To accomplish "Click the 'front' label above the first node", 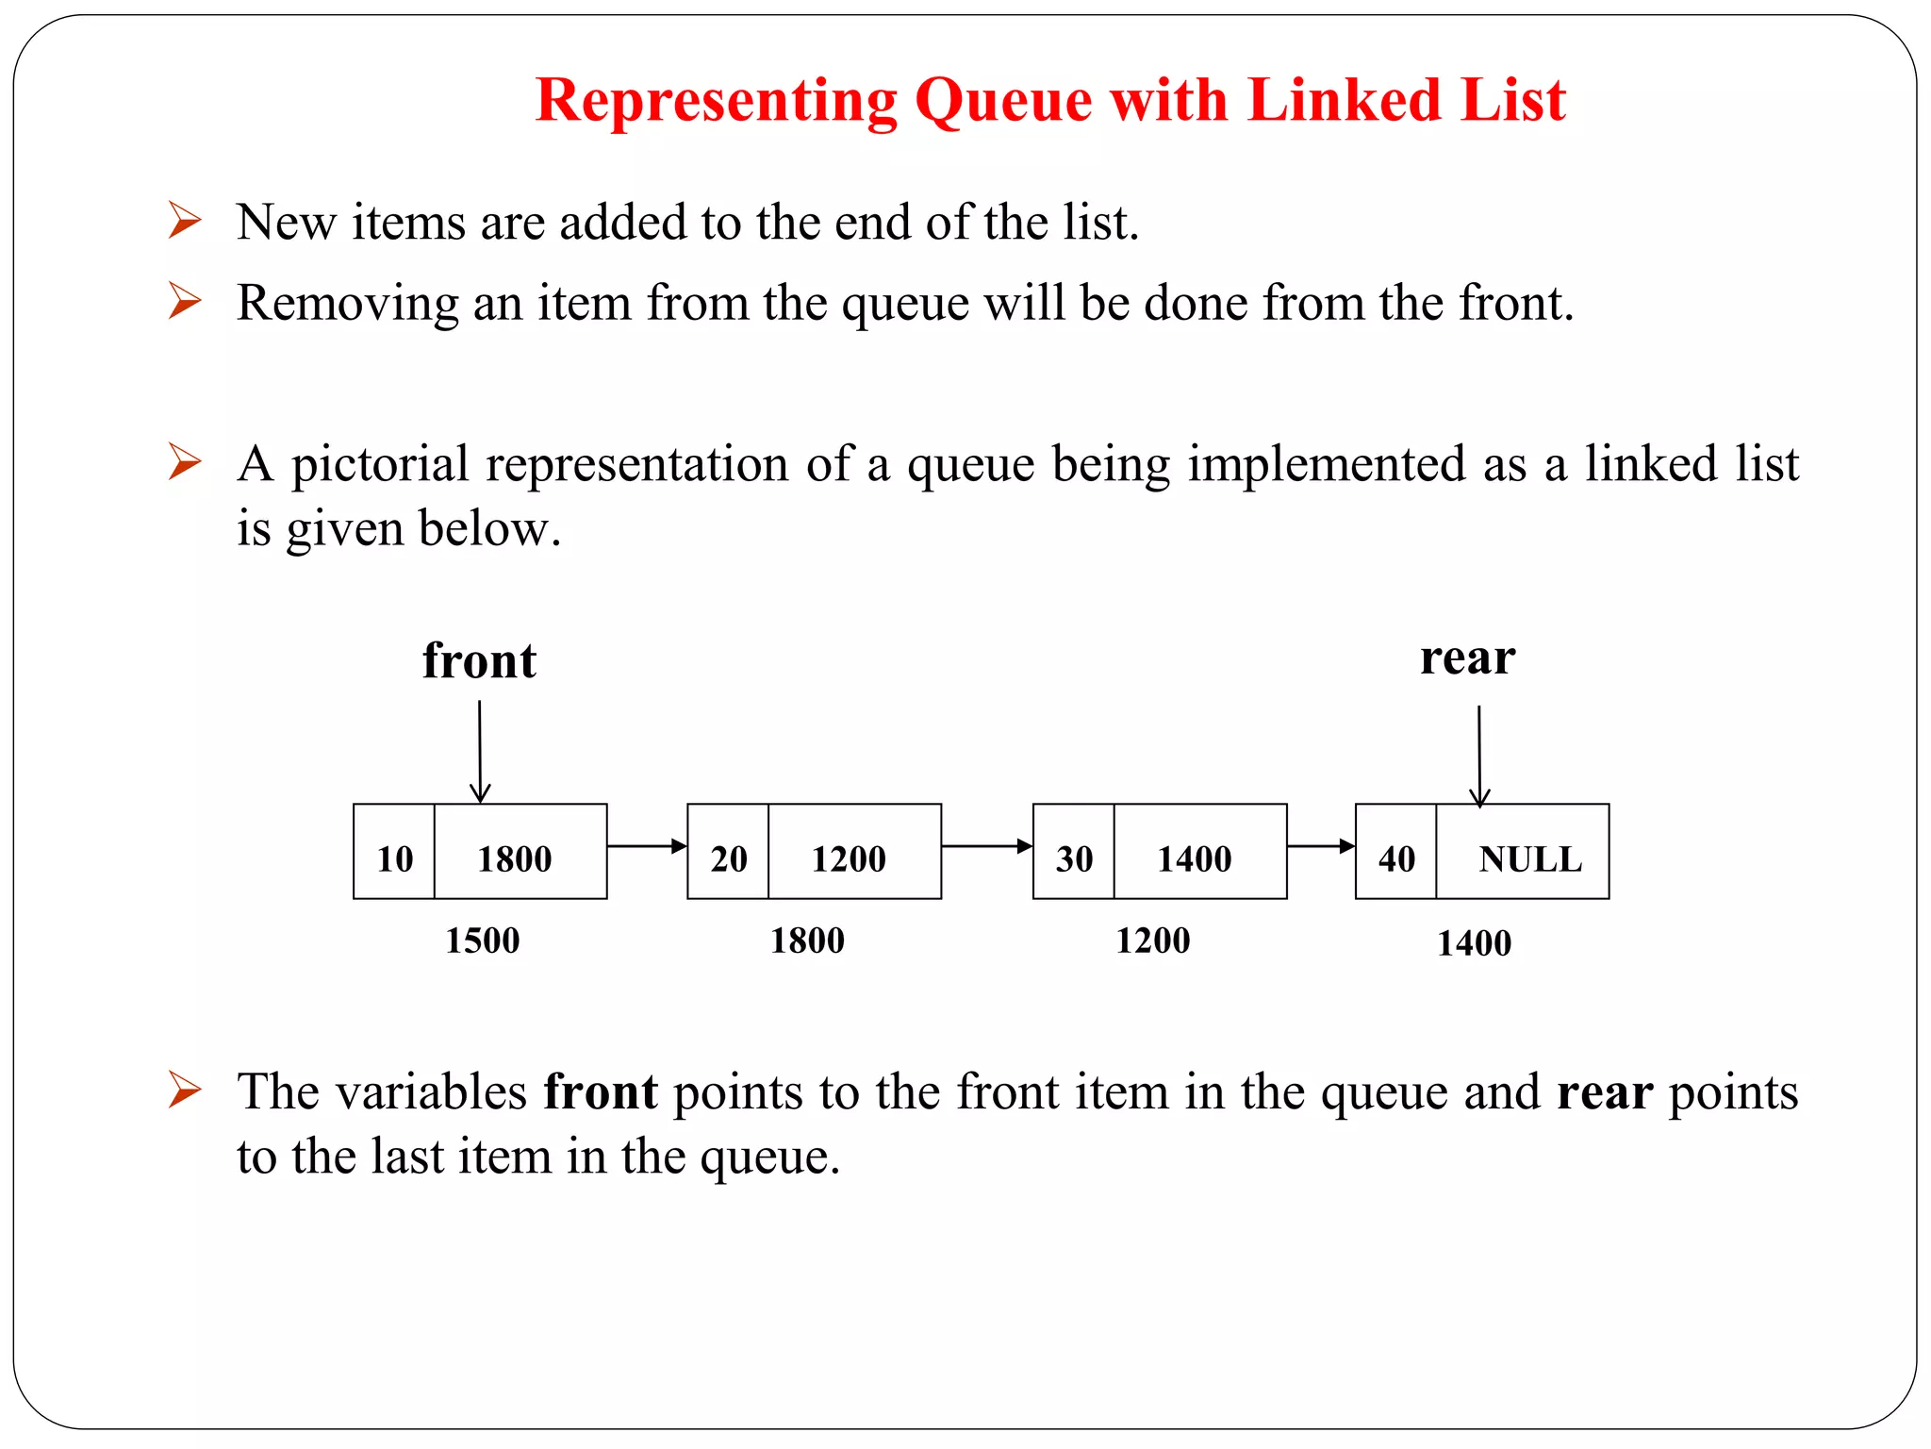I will pos(479,660).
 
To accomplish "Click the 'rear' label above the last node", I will pos(1467,658).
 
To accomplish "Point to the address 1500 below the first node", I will pos(482,941).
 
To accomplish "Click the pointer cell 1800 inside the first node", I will pos(514,858).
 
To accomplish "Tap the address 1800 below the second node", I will pos(807,941).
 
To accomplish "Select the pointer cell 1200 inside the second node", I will pos(849,858).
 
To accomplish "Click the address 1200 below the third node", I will pos(1152,941).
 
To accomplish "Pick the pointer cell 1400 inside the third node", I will pos(1194,858).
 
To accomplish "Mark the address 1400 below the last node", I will pos(1474,943).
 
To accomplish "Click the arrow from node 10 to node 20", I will pos(647,846).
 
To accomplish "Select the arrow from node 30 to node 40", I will pos(1321,846).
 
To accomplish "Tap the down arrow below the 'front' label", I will pos(480,752).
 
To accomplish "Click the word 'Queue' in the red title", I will pos(1003,100).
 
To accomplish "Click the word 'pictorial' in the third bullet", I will pos(379,465).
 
